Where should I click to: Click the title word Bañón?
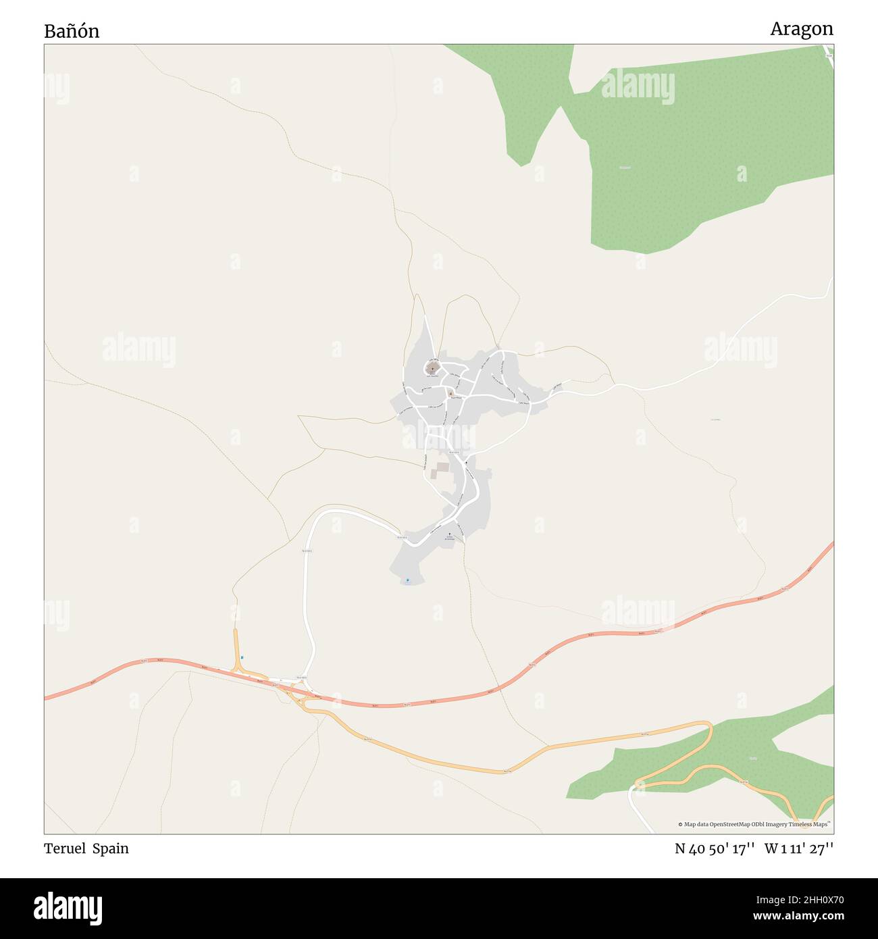pyautogui.click(x=72, y=31)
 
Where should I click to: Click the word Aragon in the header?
pyautogui.click(x=801, y=29)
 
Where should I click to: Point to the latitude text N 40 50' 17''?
pyautogui.click(x=715, y=849)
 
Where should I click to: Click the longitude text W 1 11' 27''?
pyautogui.click(x=798, y=849)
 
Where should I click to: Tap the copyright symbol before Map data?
pyautogui.click(x=681, y=824)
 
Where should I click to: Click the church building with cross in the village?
pyautogui.click(x=432, y=367)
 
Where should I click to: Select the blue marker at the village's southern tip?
pyautogui.click(x=407, y=580)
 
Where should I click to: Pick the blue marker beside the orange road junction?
pyautogui.click(x=242, y=658)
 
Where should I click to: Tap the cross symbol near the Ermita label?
pyautogui.click(x=448, y=534)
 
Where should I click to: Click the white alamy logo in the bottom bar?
pyautogui.click(x=68, y=909)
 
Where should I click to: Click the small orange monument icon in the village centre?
pyautogui.click(x=450, y=392)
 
